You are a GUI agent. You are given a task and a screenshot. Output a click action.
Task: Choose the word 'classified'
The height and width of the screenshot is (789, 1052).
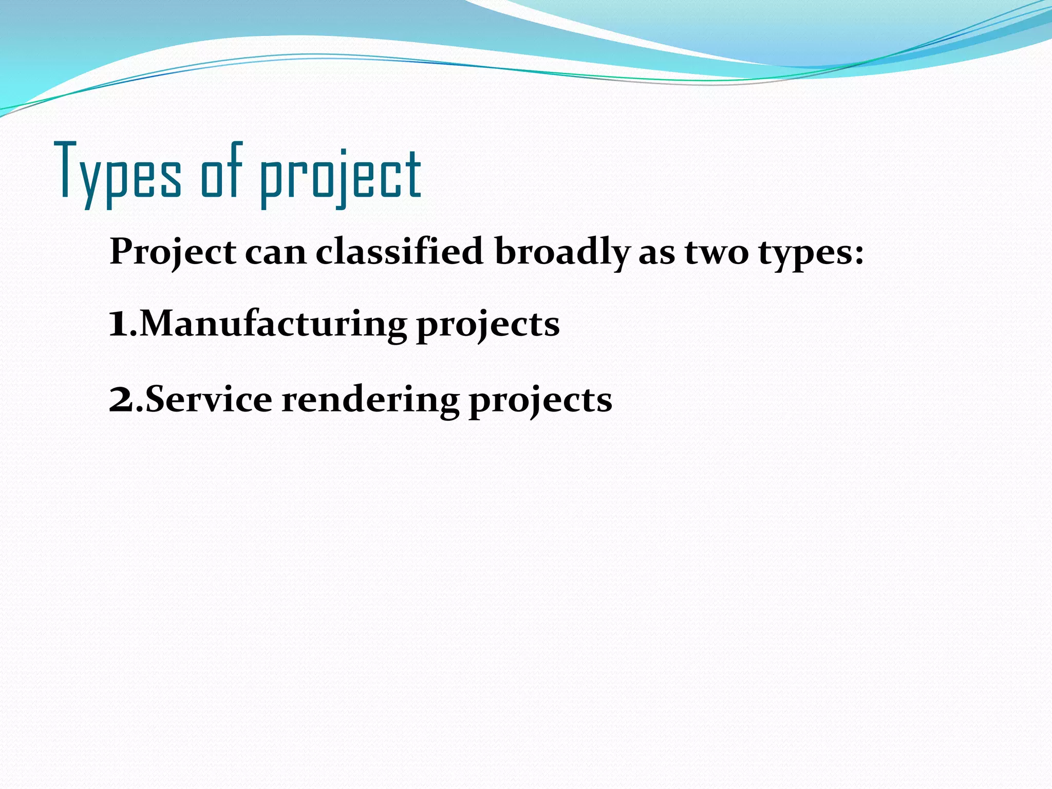click(399, 252)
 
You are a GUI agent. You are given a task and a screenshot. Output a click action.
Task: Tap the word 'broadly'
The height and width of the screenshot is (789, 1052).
click(562, 253)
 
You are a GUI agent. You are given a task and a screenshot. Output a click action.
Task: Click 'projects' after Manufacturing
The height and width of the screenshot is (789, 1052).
click(488, 326)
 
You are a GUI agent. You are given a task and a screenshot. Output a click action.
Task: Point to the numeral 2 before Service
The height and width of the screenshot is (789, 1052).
click(121, 401)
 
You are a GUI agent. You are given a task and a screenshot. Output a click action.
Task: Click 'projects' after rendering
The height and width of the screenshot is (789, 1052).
click(540, 402)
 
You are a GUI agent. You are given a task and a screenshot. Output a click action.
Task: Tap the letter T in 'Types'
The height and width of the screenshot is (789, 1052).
click(67, 170)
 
